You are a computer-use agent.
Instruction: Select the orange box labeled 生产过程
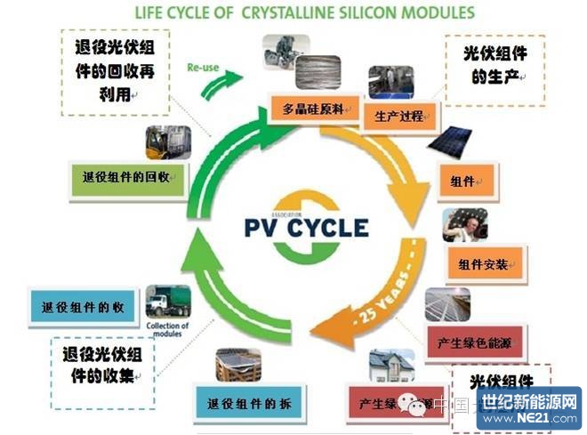392,115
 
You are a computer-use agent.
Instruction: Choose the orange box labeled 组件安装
485,263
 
